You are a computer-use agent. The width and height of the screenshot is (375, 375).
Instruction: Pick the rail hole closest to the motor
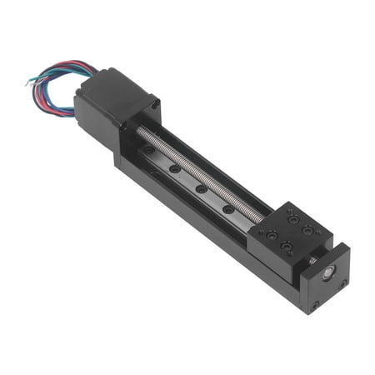tap(149, 150)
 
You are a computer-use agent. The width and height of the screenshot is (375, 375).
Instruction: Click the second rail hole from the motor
tap(175, 169)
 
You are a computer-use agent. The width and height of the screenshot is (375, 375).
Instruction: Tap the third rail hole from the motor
tap(202, 189)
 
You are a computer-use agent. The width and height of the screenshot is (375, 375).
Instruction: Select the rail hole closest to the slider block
tap(228, 208)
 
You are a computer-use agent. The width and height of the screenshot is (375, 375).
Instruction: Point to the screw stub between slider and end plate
tap(312, 261)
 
